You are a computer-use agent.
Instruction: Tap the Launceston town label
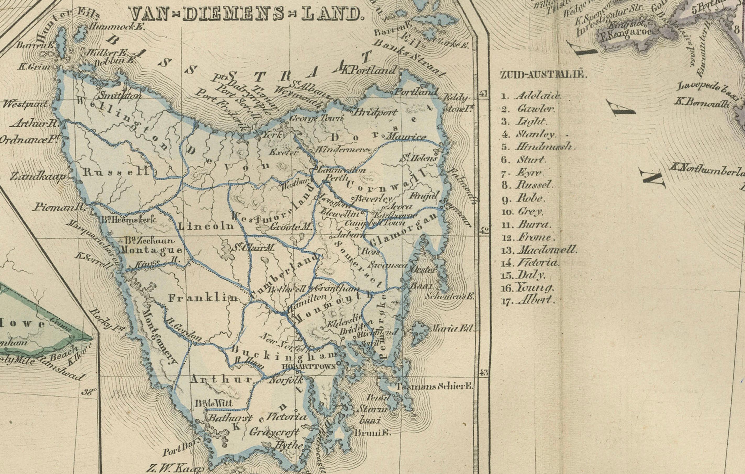point(342,170)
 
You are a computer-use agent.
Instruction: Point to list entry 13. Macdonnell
point(539,250)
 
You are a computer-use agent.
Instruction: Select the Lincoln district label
point(206,226)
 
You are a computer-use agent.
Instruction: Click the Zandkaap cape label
point(38,177)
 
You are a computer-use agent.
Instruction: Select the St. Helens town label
point(419,159)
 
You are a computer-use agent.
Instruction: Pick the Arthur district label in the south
point(221,379)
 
